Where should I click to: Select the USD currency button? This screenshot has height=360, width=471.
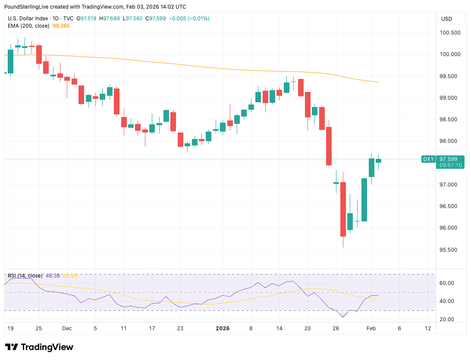[446, 19]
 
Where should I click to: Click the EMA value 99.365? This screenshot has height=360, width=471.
[60, 26]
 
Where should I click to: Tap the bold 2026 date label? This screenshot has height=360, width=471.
[223, 328]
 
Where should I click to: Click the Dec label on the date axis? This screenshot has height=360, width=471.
[67, 328]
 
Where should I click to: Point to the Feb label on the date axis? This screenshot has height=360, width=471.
[371, 328]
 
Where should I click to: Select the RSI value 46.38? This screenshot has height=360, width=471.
[53, 276]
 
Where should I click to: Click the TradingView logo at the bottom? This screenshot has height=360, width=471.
[39, 347]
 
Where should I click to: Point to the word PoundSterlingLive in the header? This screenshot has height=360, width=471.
[26, 7]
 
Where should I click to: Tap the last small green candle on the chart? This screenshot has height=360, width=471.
[378, 161]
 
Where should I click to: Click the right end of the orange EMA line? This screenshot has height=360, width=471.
[378, 82]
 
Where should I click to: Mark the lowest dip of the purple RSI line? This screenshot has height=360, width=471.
[343, 317]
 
